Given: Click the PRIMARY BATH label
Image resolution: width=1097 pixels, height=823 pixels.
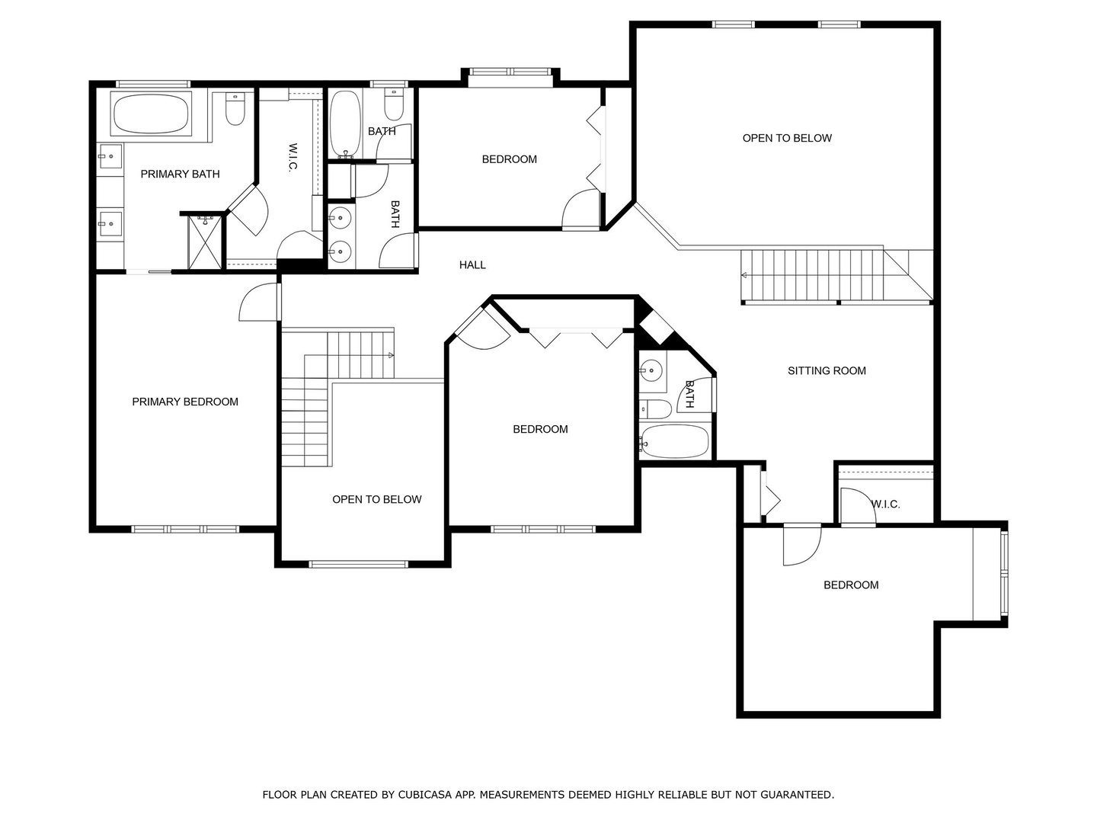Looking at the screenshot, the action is tap(180, 174).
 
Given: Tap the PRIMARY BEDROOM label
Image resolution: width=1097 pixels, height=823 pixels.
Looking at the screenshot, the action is tap(185, 402).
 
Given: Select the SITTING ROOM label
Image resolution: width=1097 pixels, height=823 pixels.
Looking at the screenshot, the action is tap(827, 371).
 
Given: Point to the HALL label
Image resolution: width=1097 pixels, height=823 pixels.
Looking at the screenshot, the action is tap(472, 265).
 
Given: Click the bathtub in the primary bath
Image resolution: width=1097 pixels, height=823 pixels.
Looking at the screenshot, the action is tap(150, 114).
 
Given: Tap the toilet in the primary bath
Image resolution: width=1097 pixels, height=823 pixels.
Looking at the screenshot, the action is tap(235, 109).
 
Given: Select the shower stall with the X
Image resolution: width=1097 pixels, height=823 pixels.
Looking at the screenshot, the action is tap(204, 242).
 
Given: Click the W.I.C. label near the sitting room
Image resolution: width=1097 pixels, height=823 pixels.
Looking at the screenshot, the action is tap(885, 504).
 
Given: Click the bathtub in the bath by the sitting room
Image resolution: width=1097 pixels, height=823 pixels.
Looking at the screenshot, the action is tap(675, 442).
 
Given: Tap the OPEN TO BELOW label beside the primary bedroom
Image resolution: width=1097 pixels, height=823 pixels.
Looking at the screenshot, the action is tap(377, 499).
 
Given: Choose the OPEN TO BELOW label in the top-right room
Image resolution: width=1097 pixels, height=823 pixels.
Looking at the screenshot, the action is tap(787, 138).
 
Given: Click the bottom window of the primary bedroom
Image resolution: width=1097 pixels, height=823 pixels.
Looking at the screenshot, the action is tap(185, 529).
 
